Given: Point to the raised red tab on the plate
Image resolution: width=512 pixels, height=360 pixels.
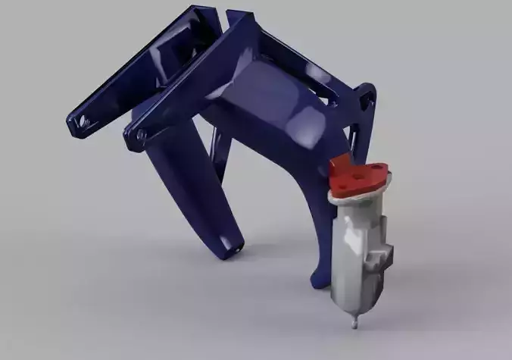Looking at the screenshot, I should [x=341, y=163].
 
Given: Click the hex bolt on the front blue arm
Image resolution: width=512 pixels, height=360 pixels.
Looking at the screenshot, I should [x=141, y=135].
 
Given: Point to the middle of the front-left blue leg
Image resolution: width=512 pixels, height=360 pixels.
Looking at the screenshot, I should [x=182, y=189].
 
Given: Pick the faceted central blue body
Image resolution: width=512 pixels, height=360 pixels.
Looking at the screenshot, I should [x=273, y=106].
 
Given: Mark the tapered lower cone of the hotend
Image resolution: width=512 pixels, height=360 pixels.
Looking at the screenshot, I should [x=351, y=299].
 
